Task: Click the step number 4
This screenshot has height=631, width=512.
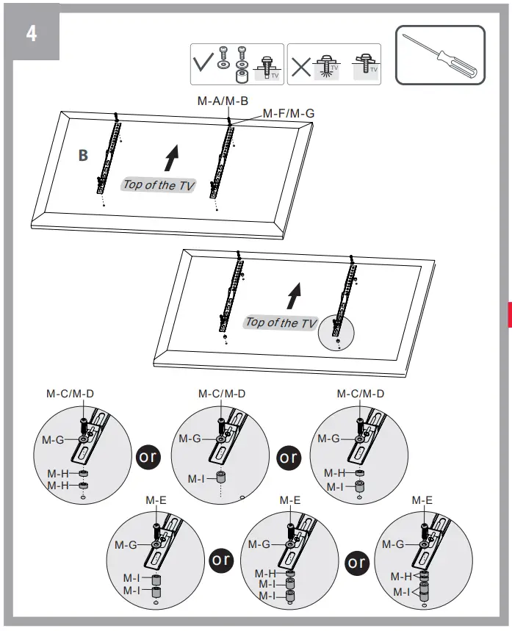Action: tap(31, 34)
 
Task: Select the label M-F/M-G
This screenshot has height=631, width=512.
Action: tap(288, 114)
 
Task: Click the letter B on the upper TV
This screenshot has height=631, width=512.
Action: tap(83, 156)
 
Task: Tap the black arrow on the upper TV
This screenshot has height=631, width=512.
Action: tap(171, 157)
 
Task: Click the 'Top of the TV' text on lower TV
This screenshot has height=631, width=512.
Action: tap(281, 322)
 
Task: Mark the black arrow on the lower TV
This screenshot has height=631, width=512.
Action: tap(295, 295)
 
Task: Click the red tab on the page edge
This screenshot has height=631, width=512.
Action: tap(508, 314)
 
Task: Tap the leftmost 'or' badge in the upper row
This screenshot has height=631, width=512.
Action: tap(147, 455)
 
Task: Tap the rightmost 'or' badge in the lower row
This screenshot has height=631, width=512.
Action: tap(357, 562)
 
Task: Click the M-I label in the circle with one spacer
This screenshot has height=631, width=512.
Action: tap(195, 479)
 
